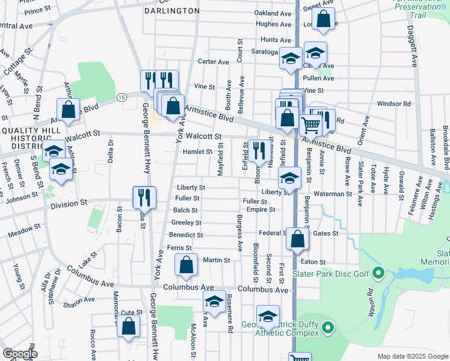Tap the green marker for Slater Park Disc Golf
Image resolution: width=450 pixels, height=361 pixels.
click(x=378, y=274)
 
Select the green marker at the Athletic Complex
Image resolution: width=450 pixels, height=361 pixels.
click(x=327, y=329)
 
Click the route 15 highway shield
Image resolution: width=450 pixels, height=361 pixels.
click(x=122, y=97)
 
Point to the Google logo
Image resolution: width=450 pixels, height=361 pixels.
click(x=20, y=354)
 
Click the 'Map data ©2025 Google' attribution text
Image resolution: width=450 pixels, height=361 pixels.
click(x=412, y=356)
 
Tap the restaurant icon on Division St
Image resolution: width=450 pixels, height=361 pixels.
click(x=144, y=197)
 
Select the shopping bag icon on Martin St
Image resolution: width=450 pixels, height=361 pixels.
click(x=186, y=265)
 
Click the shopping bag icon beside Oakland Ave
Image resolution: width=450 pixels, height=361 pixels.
click(x=324, y=19)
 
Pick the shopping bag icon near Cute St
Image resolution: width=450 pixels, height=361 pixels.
click(x=129, y=326)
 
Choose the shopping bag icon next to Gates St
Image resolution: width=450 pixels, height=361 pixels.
click(x=297, y=239)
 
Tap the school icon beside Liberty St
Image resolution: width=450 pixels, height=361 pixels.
click(x=289, y=178)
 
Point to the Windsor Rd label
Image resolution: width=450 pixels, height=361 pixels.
click(x=394, y=103)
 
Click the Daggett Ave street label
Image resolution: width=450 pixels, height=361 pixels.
click(x=415, y=46)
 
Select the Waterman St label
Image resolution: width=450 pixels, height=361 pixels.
click(x=332, y=194)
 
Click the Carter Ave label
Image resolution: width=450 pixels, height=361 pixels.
click(x=214, y=62)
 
